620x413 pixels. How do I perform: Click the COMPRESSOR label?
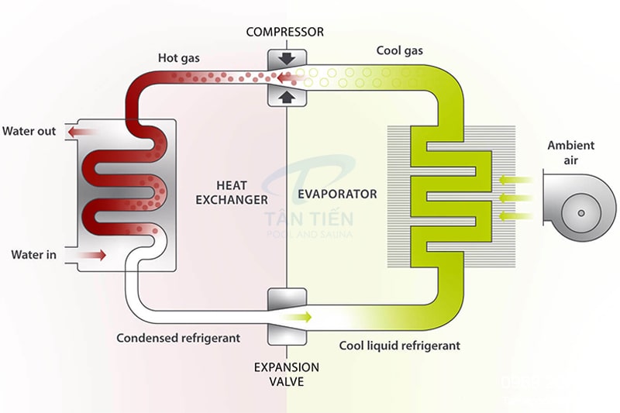coord(284,32)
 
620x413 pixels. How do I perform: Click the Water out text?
coord(29,131)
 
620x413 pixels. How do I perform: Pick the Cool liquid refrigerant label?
coord(400,346)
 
